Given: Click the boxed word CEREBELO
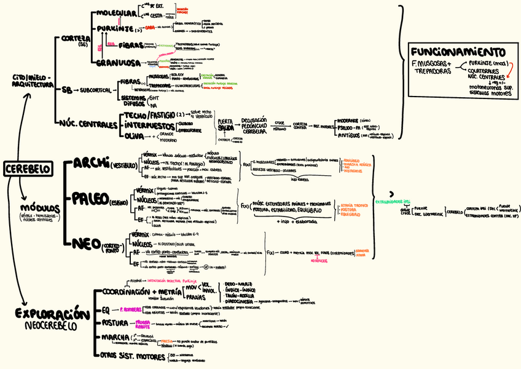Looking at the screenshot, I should (x=27, y=169).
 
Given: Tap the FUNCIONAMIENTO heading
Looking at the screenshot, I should (x=458, y=52).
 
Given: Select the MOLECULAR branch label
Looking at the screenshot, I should (x=117, y=13).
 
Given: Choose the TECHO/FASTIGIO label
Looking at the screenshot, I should (x=149, y=114).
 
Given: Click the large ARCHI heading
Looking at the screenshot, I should (x=91, y=163).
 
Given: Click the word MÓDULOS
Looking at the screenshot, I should (x=41, y=207).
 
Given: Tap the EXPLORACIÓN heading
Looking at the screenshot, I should (x=48, y=314).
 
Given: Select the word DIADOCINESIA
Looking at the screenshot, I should (x=238, y=301).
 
